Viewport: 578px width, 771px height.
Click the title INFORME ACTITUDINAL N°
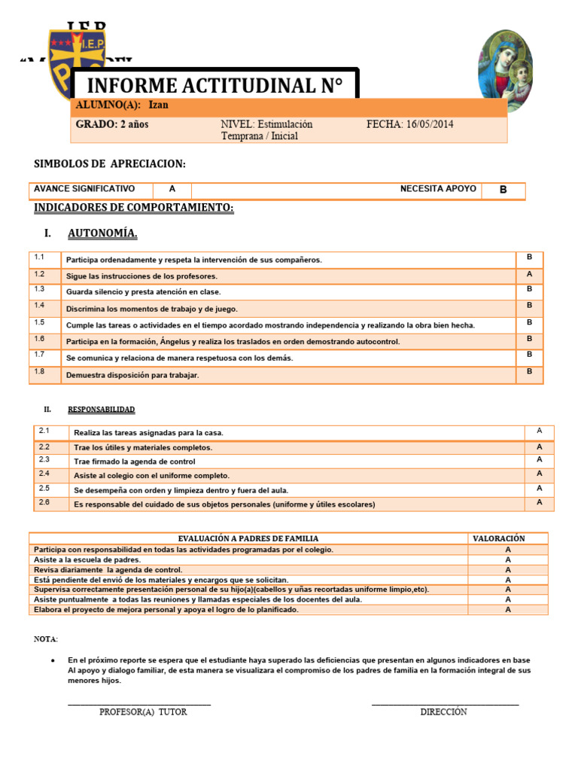pos(214,86)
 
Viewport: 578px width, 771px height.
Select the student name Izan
pos(158,105)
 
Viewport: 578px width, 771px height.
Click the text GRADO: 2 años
pos(112,124)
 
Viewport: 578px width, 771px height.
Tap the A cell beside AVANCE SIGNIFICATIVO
pos(172,189)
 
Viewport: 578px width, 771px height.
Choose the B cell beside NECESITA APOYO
pos(503,190)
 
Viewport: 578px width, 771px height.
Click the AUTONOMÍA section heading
pos(102,233)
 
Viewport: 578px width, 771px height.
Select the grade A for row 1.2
pos(529,274)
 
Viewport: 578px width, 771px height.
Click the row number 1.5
pos(40,322)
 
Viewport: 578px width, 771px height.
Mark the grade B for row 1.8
pos(529,371)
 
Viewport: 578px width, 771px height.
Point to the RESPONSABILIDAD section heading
pos(101,410)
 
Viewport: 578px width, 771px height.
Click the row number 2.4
pos(44,474)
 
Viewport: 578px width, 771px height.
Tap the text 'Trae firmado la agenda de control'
pos(134,461)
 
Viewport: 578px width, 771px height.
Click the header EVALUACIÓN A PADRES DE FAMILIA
pos(248,538)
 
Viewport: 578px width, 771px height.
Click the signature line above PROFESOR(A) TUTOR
pos(139,705)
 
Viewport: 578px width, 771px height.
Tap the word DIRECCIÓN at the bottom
pos(443,712)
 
